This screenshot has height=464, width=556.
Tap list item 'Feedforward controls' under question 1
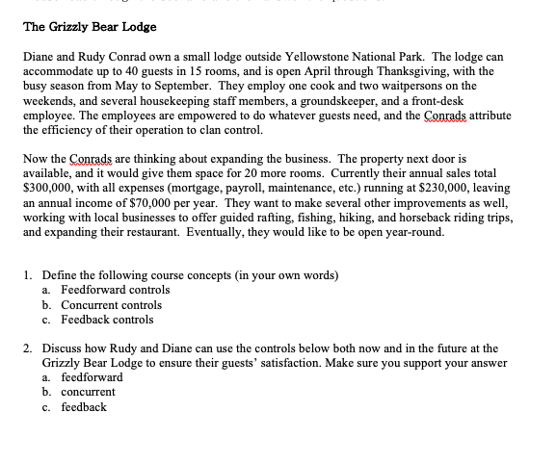pyautogui.click(x=115, y=290)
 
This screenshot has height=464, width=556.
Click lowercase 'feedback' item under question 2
pyautogui.click(x=84, y=407)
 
